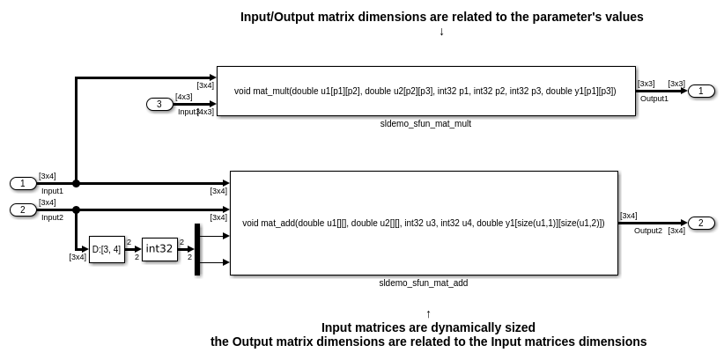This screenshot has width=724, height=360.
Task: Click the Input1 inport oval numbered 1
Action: pos(23,183)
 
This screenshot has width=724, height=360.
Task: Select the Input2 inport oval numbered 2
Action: pos(23,209)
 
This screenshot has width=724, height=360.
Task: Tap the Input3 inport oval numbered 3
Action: pos(159,104)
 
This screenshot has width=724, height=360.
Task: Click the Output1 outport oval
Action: pos(701,91)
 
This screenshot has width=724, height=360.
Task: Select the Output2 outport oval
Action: pos(701,223)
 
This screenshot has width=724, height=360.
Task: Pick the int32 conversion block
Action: pos(159,249)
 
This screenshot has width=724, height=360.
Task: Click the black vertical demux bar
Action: pos(197,249)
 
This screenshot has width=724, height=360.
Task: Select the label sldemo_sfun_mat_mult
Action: pos(425,124)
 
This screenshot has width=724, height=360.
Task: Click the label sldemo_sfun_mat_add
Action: pos(424,283)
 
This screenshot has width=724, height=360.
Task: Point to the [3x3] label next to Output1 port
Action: pos(676,84)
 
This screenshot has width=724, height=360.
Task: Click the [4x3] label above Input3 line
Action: pos(183,97)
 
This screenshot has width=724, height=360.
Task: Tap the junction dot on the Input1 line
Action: pos(77,183)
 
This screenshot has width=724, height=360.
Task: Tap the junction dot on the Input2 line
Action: pos(77,209)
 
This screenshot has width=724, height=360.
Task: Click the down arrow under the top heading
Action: pos(441,32)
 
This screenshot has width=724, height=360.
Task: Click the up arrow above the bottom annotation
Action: pos(428,313)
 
